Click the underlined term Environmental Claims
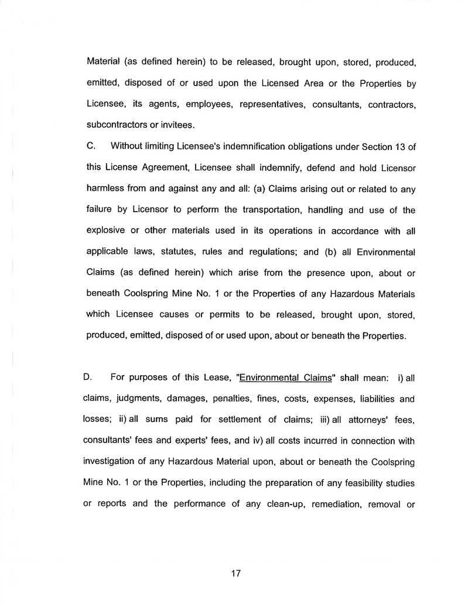click(x=286, y=377)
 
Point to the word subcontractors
click(x=116, y=125)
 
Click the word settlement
click(x=227, y=420)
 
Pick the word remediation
click(x=333, y=505)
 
